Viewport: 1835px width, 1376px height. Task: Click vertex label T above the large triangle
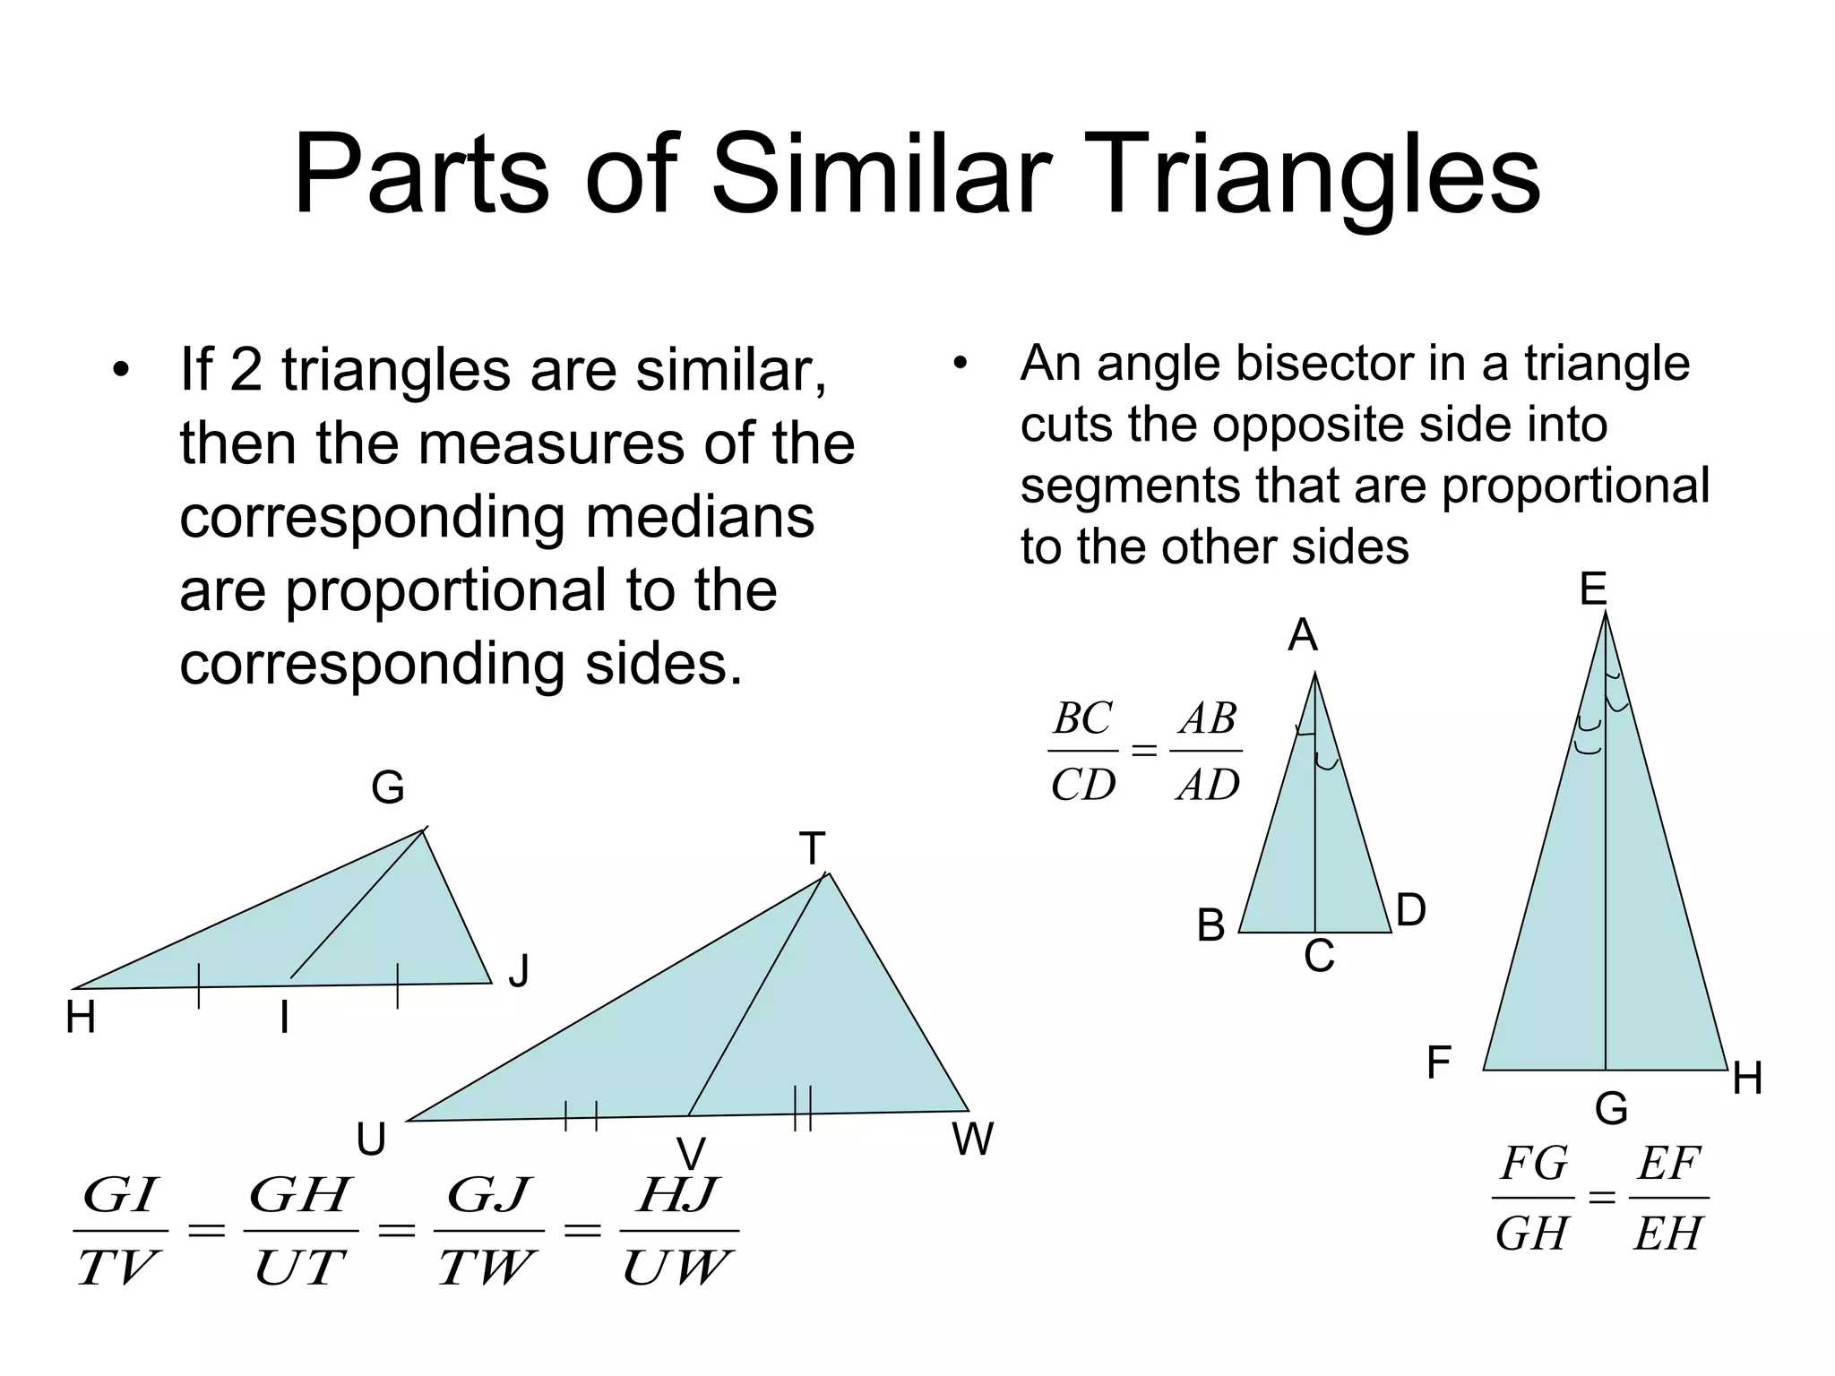click(x=812, y=848)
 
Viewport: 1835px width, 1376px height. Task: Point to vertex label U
click(x=371, y=1140)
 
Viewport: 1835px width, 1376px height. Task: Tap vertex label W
click(x=972, y=1139)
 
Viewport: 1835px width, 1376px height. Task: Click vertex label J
click(x=519, y=970)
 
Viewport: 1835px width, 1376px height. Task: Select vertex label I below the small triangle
click(x=284, y=1018)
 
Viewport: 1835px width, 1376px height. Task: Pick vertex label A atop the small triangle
click(x=1303, y=636)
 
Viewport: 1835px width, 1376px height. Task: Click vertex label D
click(x=1410, y=910)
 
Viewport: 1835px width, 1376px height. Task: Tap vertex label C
click(x=1319, y=956)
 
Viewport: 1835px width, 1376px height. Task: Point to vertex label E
click(x=1592, y=589)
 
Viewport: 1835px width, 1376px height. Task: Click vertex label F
click(x=1438, y=1063)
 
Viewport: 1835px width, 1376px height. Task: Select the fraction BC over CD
click(x=1082, y=751)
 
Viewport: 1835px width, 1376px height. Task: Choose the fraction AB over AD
click(x=1208, y=751)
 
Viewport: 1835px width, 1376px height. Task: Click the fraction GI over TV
click(x=120, y=1230)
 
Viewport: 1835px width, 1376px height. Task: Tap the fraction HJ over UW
click(x=678, y=1230)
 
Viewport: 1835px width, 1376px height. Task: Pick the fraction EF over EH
click(x=1668, y=1198)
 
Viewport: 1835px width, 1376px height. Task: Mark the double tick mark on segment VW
click(x=803, y=1108)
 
